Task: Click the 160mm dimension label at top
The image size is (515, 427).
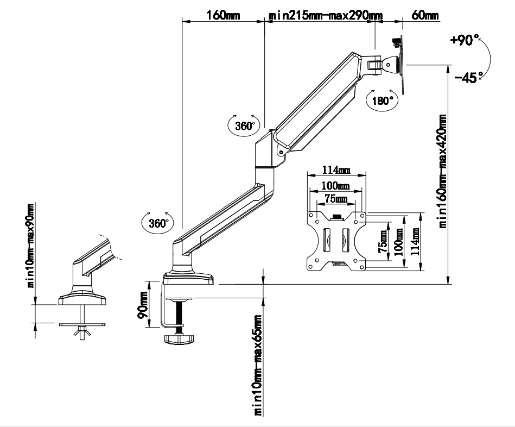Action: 222,15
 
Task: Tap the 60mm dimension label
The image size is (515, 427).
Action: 425,15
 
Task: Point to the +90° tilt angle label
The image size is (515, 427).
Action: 465,40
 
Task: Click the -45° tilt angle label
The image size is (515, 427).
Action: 466,78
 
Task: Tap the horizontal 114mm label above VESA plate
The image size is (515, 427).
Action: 336,171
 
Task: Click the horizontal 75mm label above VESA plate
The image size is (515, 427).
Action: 336,199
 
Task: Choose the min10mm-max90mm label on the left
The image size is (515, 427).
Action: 30,245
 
